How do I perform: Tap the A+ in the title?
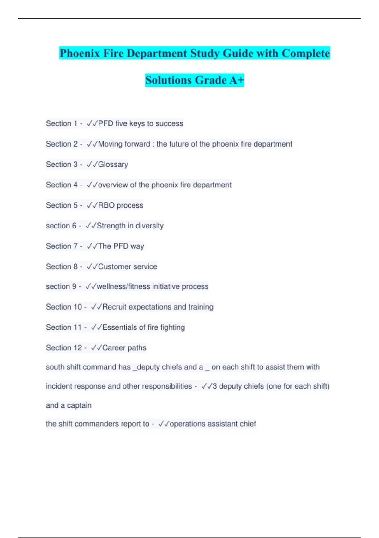237,80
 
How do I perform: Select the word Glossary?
113,164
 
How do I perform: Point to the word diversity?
149,226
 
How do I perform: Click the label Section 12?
64,347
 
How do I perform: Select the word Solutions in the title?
168,80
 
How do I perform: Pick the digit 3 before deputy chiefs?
215,386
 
